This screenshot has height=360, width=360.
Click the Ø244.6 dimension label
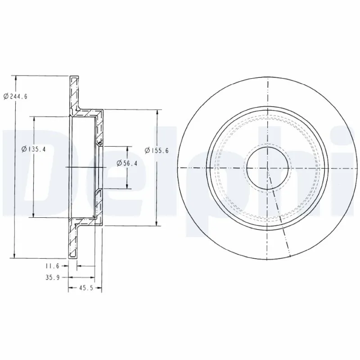click(16, 96)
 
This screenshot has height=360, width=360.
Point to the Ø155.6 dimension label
click(157, 151)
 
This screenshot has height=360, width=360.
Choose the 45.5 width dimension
click(85, 288)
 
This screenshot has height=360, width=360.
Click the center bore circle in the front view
click(268, 168)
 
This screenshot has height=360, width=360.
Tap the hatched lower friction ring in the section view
click(74, 241)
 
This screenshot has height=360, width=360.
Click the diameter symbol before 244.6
click(5, 96)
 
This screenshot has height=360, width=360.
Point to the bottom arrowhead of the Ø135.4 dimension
click(34, 215)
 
